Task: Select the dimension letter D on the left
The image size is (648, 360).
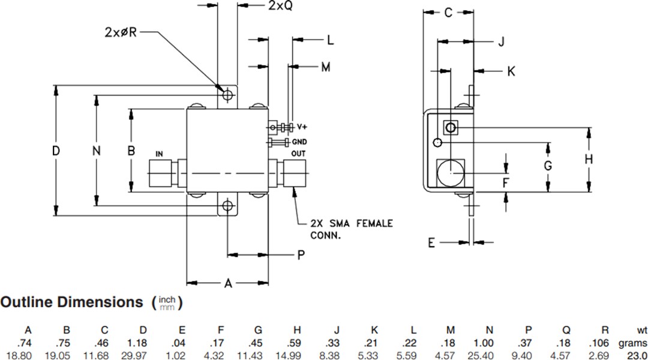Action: [56, 151]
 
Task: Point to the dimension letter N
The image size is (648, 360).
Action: [96, 151]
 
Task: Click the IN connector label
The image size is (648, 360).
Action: [160, 154]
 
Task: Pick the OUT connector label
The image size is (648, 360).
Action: [298, 154]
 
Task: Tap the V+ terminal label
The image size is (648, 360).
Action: [302, 127]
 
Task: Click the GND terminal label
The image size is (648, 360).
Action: [300, 142]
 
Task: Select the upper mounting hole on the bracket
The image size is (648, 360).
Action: [227, 95]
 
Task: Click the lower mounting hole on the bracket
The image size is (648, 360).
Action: [227, 206]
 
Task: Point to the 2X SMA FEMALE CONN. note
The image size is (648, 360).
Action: [351, 229]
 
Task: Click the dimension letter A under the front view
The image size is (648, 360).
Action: [227, 284]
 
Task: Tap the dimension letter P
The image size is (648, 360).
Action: [301, 256]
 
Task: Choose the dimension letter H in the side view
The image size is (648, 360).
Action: [589, 159]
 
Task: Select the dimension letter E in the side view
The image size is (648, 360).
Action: [431, 242]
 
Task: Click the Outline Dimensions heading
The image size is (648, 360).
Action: [72, 302]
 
